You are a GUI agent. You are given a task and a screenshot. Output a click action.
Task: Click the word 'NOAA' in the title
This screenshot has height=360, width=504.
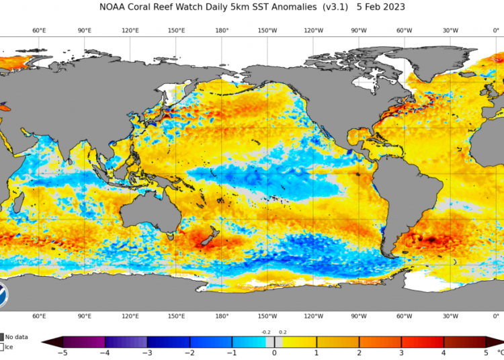coord(114,7)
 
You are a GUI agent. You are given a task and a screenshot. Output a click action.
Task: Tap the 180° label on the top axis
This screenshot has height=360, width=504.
coord(222,31)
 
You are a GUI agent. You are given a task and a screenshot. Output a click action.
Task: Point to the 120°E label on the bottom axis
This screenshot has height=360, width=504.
coord(130,316)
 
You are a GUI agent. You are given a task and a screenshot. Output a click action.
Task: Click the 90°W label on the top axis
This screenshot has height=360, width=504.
coord(359,31)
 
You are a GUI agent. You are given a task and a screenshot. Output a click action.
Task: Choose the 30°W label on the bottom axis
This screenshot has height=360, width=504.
coord(450,316)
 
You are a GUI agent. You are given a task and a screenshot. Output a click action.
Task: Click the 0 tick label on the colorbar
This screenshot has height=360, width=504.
coord(274,353)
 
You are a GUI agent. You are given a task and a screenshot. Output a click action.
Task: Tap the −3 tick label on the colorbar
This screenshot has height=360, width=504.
coord(147,353)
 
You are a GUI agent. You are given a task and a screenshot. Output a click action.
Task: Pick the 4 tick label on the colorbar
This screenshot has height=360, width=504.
coord(444,353)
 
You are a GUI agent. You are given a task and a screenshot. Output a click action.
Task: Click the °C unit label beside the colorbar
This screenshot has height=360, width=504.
coord(499,351)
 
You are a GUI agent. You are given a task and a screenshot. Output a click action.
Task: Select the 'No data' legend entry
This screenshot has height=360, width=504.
coord(17,336)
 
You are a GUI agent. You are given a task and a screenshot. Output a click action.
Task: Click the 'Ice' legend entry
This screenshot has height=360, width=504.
coord(9,347)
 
